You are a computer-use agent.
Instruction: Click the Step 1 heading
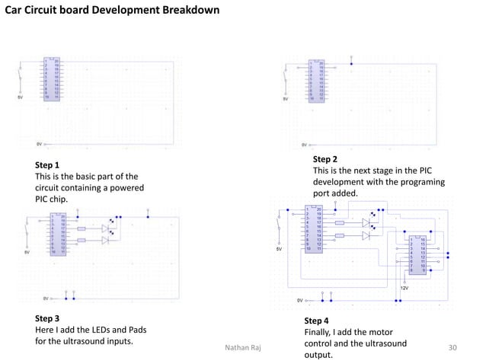47,164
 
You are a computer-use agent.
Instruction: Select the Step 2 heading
325,159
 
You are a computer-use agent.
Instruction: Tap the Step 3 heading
47,318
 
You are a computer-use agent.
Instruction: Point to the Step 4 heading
317,321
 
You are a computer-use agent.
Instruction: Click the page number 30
453,348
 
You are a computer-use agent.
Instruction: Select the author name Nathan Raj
244,348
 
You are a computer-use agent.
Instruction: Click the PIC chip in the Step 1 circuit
51,80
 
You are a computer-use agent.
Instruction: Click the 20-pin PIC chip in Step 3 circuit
58,235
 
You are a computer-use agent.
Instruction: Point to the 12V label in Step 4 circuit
404,289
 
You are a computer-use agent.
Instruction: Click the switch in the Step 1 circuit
21,76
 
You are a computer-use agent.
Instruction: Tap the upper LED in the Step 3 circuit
105,228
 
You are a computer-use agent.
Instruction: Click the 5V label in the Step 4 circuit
279,249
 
